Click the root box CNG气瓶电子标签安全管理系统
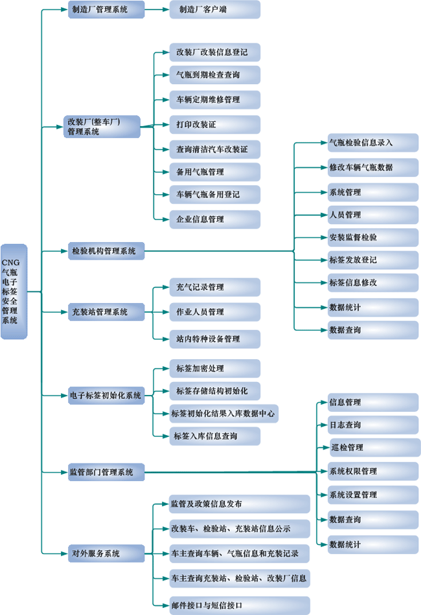[x=14, y=291]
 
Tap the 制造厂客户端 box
[x=215, y=10]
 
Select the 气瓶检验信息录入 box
[x=372, y=142]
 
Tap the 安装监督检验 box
[x=372, y=237]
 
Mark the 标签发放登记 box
[x=372, y=260]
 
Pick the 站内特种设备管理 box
[x=215, y=339]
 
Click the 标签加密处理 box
[x=215, y=368]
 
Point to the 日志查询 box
[x=372, y=425]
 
